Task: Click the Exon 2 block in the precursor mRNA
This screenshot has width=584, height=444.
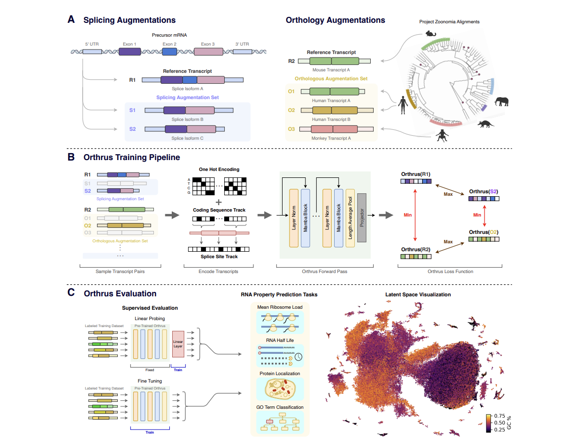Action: [169, 51]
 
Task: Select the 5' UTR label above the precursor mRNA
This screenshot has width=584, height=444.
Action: [92, 44]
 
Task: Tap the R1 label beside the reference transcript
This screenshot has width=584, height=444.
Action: [132, 79]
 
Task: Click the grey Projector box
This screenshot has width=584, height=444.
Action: [361, 218]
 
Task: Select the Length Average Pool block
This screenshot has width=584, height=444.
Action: [350, 218]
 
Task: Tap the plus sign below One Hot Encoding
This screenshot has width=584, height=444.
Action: [219, 202]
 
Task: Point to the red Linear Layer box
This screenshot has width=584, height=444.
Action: [178, 344]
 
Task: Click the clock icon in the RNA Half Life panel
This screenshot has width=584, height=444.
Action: [298, 356]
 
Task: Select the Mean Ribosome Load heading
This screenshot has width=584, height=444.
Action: [280, 307]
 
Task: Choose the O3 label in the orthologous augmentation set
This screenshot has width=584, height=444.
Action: [291, 129]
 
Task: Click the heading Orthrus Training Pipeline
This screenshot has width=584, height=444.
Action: [132, 157]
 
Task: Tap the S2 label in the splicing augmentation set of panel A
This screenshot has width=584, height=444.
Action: [132, 129]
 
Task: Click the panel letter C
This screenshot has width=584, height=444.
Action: [71, 293]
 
